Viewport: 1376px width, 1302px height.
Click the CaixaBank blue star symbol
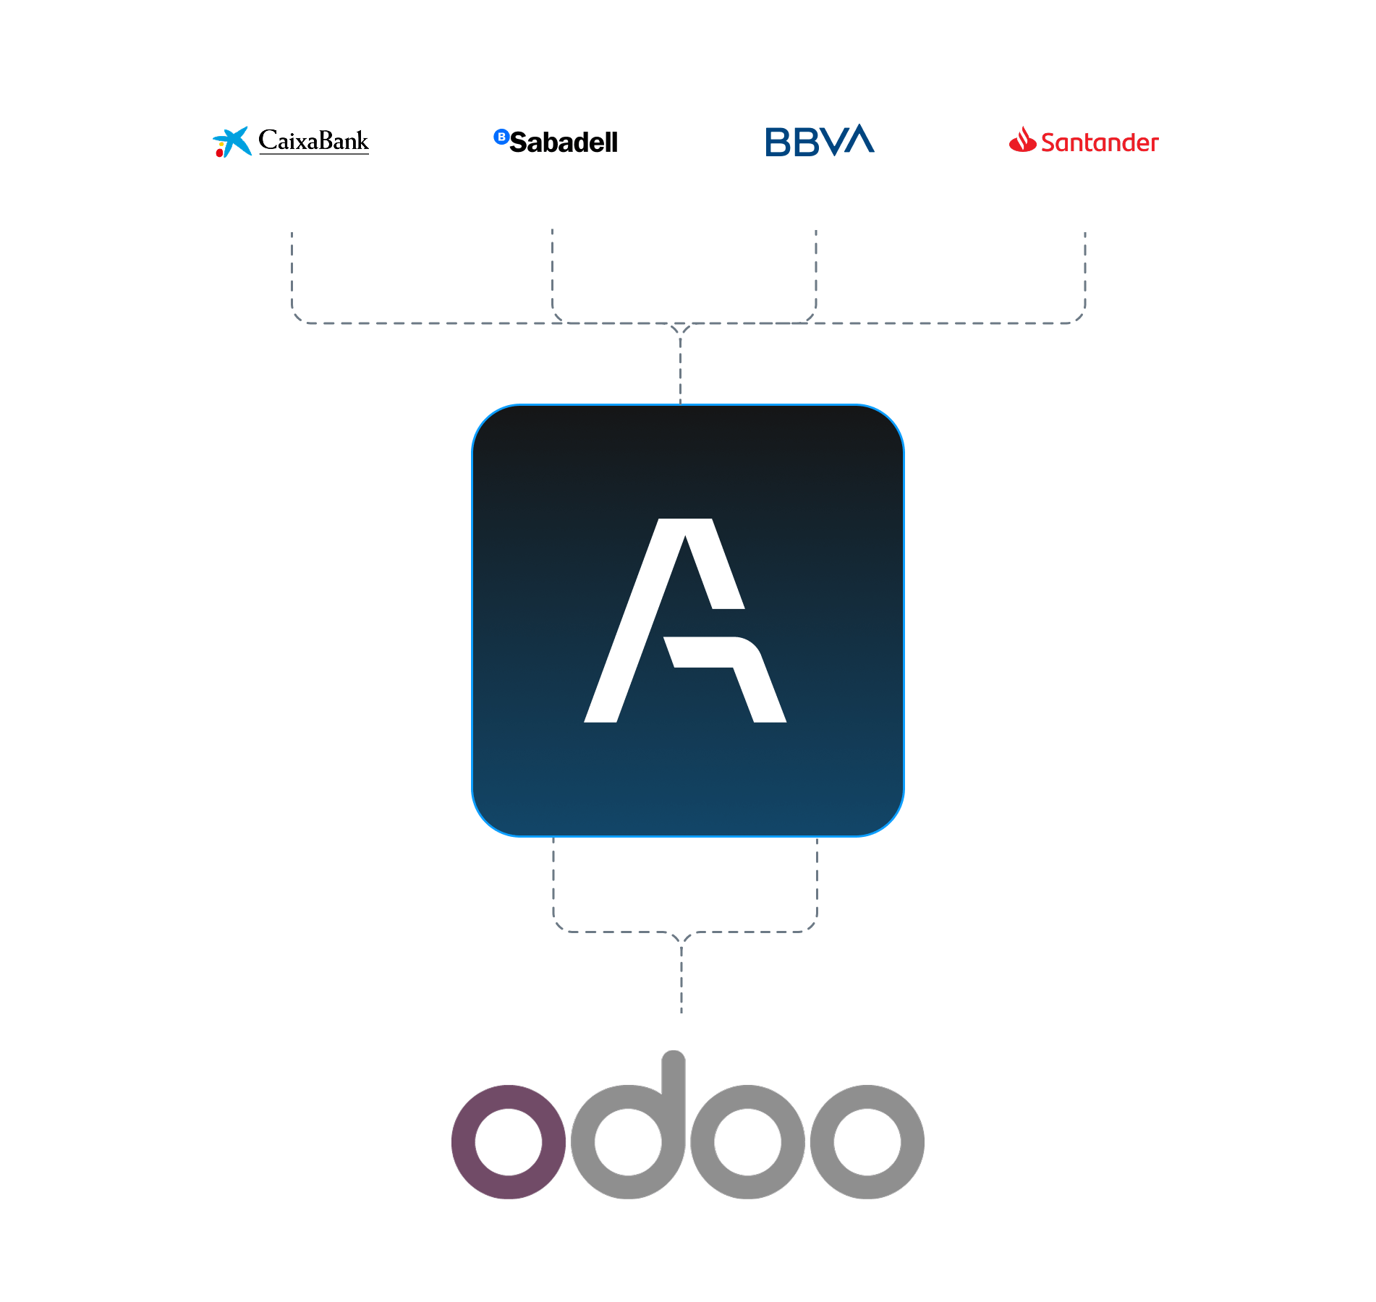point(233,142)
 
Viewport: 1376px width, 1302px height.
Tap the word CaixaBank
point(313,140)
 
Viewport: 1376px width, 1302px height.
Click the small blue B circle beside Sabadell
point(501,136)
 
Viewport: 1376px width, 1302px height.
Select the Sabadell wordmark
point(564,142)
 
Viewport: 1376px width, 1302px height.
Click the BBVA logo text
point(820,141)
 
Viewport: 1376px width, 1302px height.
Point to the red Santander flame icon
point(1022,140)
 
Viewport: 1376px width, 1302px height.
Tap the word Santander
point(1100,142)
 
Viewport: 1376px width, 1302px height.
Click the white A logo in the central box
point(684,621)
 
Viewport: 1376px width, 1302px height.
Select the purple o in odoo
point(509,1141)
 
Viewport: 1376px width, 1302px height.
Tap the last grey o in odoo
point(867,1141)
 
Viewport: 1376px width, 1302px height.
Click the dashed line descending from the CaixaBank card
point(292,271)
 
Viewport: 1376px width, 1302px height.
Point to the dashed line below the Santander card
point(1085,271)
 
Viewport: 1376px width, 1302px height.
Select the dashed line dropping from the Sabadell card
point(552,271)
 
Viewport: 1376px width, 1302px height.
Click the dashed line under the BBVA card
point(816,271)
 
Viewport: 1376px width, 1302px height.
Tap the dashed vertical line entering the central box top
point(680,369)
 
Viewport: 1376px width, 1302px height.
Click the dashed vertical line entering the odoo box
point(681,977)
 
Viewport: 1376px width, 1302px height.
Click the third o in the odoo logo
point(748,1141)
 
